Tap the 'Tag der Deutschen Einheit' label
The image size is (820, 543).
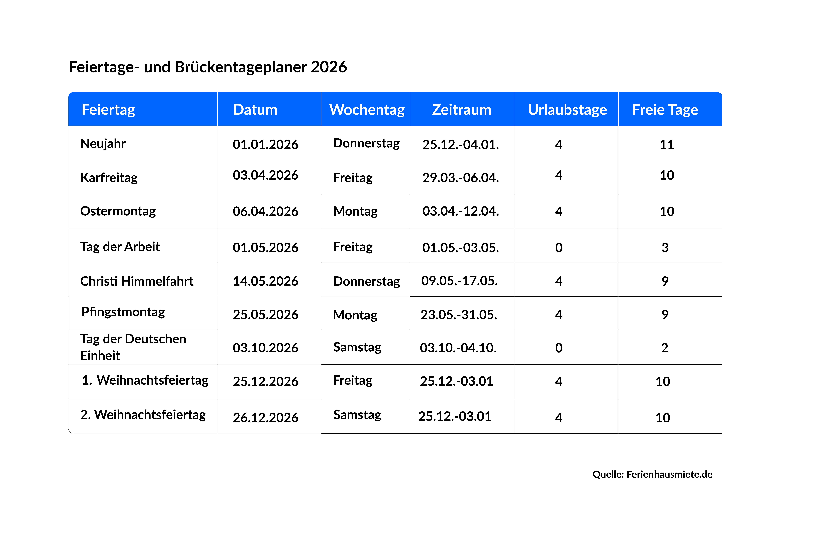point(133,347)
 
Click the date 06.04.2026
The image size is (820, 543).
point(265,211)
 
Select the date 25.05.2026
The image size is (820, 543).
point(265,314)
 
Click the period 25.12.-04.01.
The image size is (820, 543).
point(460,144)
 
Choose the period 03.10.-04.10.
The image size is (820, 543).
point(458,348)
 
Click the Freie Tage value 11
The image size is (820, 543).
point(667,144)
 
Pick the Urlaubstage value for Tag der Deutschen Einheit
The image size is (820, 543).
point(558,348)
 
